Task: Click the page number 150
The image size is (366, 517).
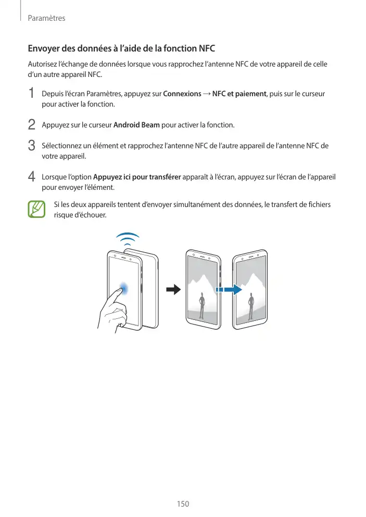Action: [182, 503]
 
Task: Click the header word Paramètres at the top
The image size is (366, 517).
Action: [46, 18]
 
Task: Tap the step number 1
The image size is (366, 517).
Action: [32, 94]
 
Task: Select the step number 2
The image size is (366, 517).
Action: [32, 125]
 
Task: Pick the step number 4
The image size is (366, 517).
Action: [32, 177]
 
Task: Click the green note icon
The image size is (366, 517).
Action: [36, 209]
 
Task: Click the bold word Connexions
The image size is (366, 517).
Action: [182, 94]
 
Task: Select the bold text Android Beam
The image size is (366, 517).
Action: [136, 125]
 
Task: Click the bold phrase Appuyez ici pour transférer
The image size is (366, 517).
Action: [136, 177]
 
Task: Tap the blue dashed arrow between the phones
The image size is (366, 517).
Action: [229, 290]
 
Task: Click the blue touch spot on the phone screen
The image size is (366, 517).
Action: [124, 288]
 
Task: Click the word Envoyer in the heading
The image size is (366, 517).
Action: [45, 49]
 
